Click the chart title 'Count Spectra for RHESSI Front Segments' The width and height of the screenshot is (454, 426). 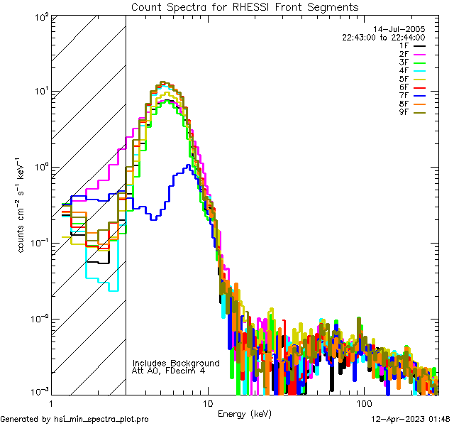[245, 6]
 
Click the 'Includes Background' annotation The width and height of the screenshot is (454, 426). [176, 363]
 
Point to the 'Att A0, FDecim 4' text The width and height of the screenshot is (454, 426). [168, 371]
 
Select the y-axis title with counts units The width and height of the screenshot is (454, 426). [23, 206]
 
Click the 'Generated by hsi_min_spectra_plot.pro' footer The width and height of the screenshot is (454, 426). [74, 419]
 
